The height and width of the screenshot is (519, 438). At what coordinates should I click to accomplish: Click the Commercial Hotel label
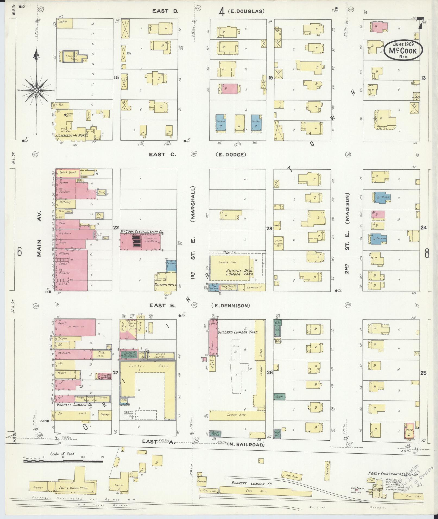coord(70,135)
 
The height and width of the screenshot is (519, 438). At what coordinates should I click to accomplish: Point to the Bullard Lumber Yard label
coord(237,332)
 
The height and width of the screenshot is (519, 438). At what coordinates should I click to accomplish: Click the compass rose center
coord(36,90)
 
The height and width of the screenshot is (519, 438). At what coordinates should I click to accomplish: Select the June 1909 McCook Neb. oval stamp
coord(403,49)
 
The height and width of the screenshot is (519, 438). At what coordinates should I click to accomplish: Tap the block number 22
coord(116,228)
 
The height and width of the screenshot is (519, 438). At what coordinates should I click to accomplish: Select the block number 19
coord(270,78)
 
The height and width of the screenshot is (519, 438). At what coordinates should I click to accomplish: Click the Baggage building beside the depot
coord(38,488)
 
